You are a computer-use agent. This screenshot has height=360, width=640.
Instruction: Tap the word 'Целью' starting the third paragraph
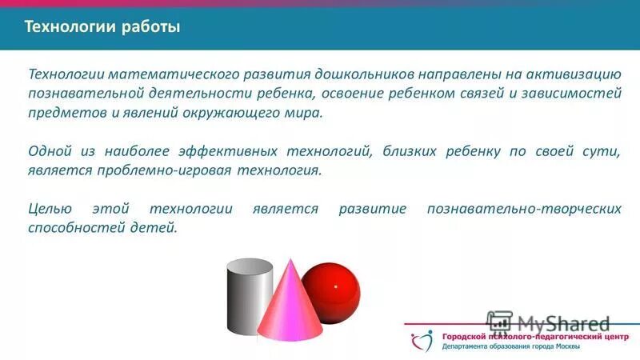[x=50, y=209]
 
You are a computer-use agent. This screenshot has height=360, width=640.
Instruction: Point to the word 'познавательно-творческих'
[x=524, y=209]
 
